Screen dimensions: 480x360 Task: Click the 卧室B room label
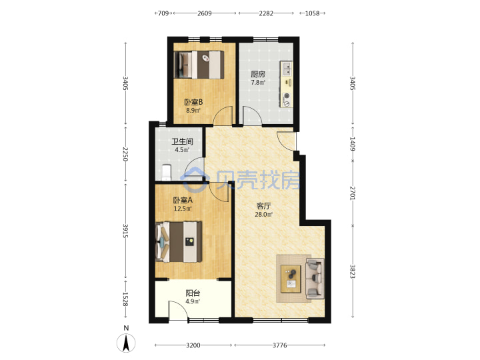tap(193, 102)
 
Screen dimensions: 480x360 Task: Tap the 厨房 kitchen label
tap(258, 74)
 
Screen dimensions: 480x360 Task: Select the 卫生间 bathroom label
tap(182, 141)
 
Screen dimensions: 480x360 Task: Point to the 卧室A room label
tap(183, 200)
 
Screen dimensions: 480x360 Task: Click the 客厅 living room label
tap(263, 206)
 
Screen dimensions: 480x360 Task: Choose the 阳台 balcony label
tap(193, 293)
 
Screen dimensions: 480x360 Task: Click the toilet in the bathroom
tap(166, 173)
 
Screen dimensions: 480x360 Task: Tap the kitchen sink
tap(287, 69)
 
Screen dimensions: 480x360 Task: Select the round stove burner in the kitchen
tap(287, 96)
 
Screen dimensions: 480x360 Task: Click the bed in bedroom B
tap(199, 65)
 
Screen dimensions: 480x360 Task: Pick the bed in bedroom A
tap(179, 242)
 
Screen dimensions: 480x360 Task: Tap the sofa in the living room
tap(315, 278)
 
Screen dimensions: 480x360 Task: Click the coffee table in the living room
tap(291, 279)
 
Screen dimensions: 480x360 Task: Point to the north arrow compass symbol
tap(126, 343)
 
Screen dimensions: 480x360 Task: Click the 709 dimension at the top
tap(163, 13)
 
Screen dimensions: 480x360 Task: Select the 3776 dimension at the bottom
tap(279, 345)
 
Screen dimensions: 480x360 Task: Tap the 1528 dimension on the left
tap(125, 299)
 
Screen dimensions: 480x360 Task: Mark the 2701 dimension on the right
tap(353, 193)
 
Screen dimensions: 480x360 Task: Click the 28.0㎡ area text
tap(263, 214)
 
